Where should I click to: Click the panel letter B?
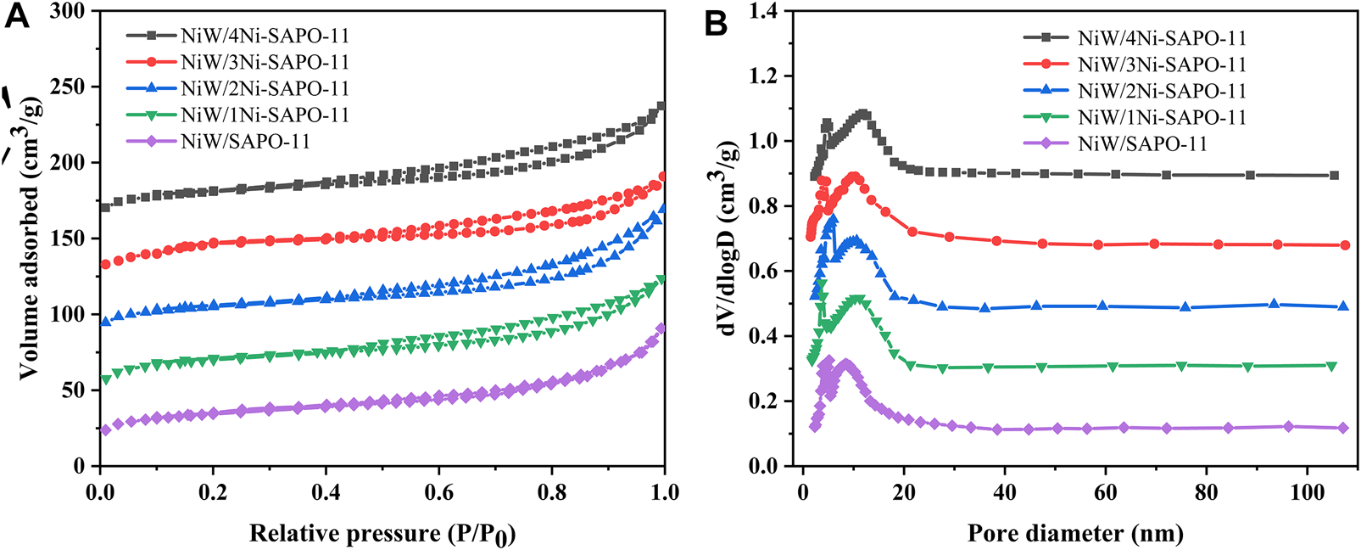716,23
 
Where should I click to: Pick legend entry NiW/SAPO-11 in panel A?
245,141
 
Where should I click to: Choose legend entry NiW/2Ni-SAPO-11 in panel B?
1162,91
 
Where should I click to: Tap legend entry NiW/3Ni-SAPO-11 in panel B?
1162,65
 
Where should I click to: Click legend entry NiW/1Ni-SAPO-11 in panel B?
1162,117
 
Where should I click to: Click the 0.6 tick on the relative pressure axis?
438,492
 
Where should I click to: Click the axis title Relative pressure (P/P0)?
382,534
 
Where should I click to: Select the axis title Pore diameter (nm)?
1074,534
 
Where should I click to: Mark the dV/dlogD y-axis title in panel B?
729,239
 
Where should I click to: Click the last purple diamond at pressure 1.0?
661,328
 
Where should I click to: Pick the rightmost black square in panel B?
1334,176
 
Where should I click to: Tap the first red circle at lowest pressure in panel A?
105,265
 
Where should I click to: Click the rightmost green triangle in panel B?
1331,366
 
